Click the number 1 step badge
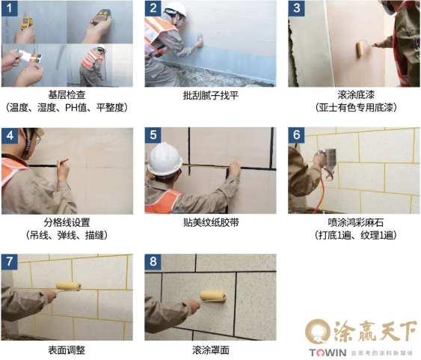(x=10, y=8)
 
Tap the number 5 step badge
(x=153, y=135)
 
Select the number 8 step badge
(x=153, y=262)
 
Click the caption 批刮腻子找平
(x=211, y=95)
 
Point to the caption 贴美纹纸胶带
(x=211, y=223)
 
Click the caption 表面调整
(x=67, y=350)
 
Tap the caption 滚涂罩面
(x=211, y=350)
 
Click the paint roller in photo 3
(x=360, y=49)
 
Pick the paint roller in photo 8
(x=212, y=296)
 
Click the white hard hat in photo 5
(x=165, y=159)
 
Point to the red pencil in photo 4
(x=63, y=162)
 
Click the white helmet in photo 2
(x=176, y=10)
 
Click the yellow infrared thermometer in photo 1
(x=27, y=23)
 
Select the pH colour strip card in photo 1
(x=29, y=56)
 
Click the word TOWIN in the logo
(x=328, y=353)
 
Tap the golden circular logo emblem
(x=319, y=332)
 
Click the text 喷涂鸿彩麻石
(x=355, y=223)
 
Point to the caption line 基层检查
(x=67, y=95)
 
